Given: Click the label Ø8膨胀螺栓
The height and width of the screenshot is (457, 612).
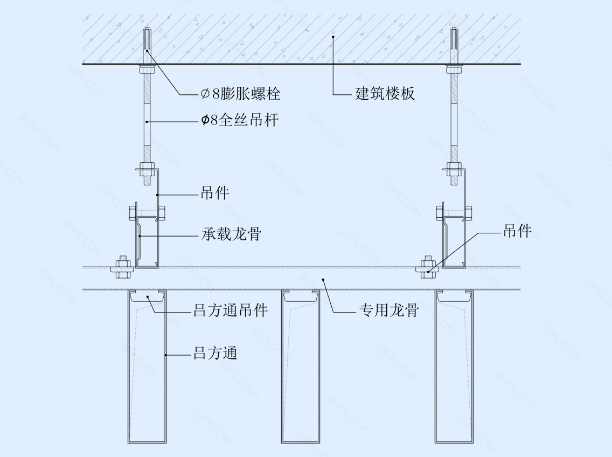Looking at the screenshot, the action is tap(240, 94).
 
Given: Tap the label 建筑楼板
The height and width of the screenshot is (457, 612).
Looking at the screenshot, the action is tap(385, 94).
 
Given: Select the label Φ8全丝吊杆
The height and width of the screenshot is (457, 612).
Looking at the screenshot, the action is tap(240, 120).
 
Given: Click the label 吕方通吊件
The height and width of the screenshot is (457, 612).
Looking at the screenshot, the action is tap(231, 310).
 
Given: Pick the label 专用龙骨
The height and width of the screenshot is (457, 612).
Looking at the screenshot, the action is tap(389, 310).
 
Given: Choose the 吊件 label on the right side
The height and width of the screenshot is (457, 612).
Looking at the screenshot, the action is tap(517, 231).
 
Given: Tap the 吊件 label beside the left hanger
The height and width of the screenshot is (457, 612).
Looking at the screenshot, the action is tap(215, 193).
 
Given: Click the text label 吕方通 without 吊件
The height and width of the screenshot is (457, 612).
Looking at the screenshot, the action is tap(215, 353).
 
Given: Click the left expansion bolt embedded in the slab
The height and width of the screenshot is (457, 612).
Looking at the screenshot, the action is tap(147, 47).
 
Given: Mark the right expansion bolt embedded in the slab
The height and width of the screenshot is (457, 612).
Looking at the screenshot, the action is tap(454, 47).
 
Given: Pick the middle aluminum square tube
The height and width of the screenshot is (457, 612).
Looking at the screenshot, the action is tap(301, 367).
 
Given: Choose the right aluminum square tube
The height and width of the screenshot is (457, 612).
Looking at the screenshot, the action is tap(454, 367).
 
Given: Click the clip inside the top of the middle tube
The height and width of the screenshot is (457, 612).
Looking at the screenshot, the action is tap(301, 296).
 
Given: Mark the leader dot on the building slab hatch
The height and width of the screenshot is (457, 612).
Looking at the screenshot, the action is tap(333, 37).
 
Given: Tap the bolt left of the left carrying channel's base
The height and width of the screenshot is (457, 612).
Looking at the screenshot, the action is tap(122, 267).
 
